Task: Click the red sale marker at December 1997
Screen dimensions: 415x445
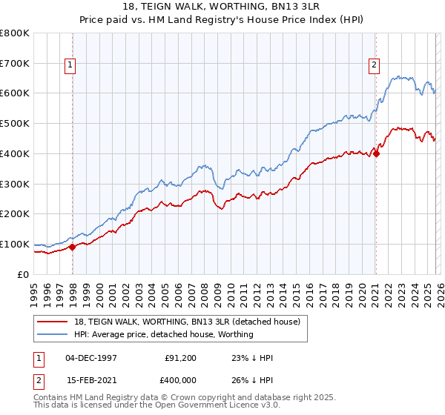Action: pyautogui.click(x=72, y=247)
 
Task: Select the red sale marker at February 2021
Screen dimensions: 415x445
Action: pyautogui.click(x=376, y=153)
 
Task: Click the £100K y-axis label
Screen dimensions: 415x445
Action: pyautogui.click(x=15, y=244)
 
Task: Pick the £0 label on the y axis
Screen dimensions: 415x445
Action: pyautogui.click(x=24, y=274)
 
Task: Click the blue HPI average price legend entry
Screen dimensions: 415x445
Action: pyautogui.click(x=163, y=334)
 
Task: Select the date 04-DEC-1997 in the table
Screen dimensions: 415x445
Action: pyautogui.click(x=90, y=358)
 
